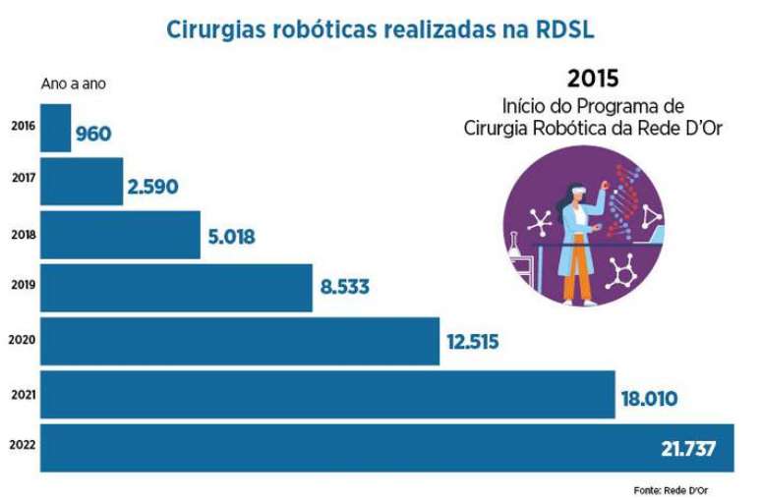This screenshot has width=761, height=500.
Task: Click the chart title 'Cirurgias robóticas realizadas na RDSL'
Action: [x=380, y=30]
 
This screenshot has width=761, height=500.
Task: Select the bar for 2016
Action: [x=56, y=128]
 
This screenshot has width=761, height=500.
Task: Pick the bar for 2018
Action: [x=120, y=235]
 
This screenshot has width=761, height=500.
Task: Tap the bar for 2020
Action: [x=239, y=341]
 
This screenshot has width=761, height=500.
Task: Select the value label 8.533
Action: [x=345, y=288]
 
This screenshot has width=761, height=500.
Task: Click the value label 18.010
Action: [x=649, y=399]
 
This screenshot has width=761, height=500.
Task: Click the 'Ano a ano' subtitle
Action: [x=74, y=84]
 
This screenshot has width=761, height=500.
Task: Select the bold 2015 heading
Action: [x=593, y=79]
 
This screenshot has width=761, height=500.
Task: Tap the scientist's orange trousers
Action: [x=578, y=281]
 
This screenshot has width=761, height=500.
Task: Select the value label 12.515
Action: [x=472, y=342]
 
